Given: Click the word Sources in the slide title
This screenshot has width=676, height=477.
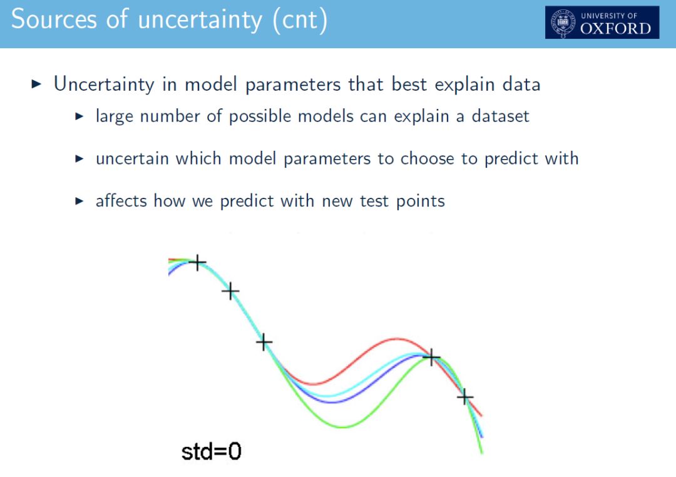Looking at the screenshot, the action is [54, 19].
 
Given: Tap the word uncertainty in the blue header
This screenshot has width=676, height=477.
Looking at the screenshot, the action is [200, 20].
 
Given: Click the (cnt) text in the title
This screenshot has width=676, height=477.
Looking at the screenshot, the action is [300, 20].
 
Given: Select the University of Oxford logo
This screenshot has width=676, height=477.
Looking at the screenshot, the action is [602, 23].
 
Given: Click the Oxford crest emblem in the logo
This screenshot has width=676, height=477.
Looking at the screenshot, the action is [563, 23].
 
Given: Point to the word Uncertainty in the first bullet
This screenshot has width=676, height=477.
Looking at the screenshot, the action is [103, 84].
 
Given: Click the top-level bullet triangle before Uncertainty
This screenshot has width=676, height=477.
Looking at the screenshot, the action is [37, 84].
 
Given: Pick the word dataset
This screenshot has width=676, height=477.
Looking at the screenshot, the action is [500, 116].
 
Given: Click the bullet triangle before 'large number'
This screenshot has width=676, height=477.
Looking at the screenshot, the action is [79, 116].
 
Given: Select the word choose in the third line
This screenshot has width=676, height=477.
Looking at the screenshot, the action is [427, 159].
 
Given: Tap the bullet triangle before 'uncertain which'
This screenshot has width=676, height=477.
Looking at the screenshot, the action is [79, 159].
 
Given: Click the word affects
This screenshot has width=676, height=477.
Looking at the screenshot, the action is [121, 201].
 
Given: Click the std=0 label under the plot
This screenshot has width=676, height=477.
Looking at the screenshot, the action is [212, 451].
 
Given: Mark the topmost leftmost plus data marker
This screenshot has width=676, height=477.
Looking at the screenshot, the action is [197, 262].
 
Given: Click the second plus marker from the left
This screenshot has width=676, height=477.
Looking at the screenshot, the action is [230, 291].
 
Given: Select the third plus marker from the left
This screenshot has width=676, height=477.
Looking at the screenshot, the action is [264, 342].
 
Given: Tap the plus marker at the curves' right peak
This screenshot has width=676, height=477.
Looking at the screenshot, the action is [431, 357].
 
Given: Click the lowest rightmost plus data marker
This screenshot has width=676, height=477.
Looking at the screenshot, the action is [464, 396].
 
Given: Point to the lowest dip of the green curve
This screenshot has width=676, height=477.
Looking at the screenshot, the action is [343, 427].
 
